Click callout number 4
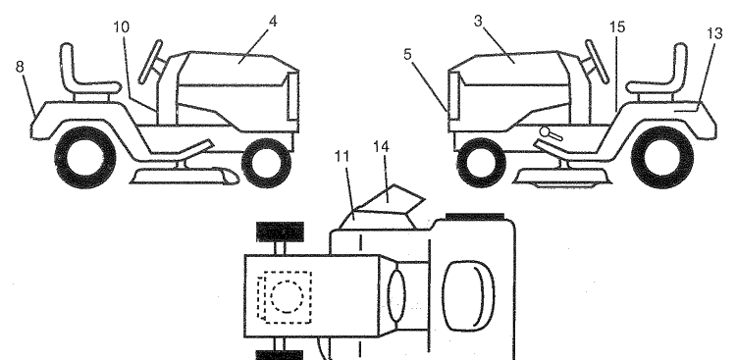pos(273,22)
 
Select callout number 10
pos(121,27)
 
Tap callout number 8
pos(20,67)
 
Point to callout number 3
pos(478,22)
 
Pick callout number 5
pos(407,55)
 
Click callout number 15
pos(617,27)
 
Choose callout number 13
pos(714,33)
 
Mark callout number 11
pos(342,157)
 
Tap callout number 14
pos(381,147)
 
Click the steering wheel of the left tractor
pos(151,62)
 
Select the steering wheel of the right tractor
pos(597,62)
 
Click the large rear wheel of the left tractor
pos(85,157)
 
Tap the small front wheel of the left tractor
pos(266,163)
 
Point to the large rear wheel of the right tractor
pos(662,157)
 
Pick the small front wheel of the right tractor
pos(481,163)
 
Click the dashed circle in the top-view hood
pos(287,296)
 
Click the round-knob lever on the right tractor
pos(551,134)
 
